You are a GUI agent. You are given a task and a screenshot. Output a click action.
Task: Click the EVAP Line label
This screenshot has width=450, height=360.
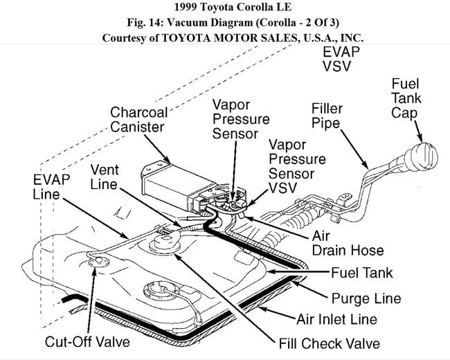pyautogui.click(x=47, y=187)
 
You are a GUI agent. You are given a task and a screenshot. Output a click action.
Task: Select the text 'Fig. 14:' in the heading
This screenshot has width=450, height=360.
pyautogui.click(x=156, y=24)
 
